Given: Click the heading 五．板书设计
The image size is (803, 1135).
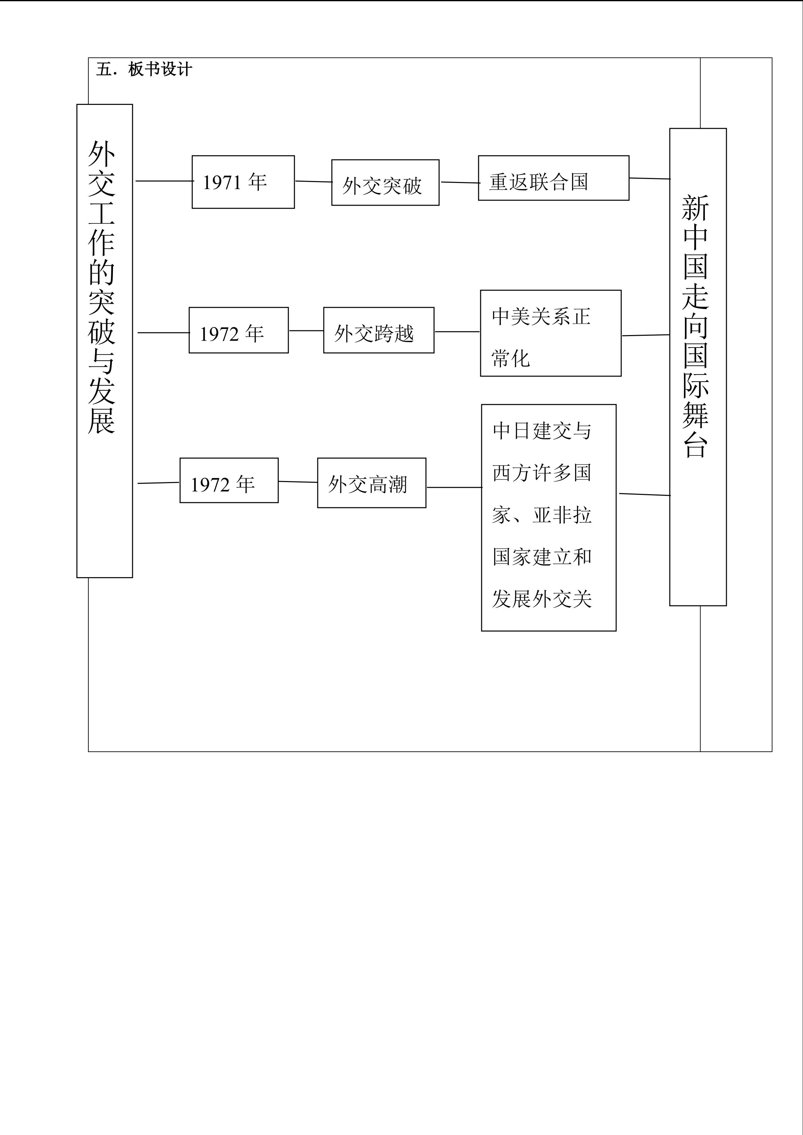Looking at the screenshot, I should coord(143,69).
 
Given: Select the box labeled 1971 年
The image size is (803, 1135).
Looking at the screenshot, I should coord(243,182).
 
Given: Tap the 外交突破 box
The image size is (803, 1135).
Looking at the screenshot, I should coord(385,182).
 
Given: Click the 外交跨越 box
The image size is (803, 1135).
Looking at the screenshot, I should coord(378,330).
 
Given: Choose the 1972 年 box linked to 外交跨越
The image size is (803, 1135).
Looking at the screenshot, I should coord(238,330).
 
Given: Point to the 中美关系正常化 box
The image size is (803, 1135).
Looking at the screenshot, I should coord(550,333).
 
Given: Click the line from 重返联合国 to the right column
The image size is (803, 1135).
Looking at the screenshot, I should coord(649,178).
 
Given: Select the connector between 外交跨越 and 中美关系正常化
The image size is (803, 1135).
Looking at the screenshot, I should coord(457,332).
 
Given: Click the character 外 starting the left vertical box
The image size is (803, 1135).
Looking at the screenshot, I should coord(102,154).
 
